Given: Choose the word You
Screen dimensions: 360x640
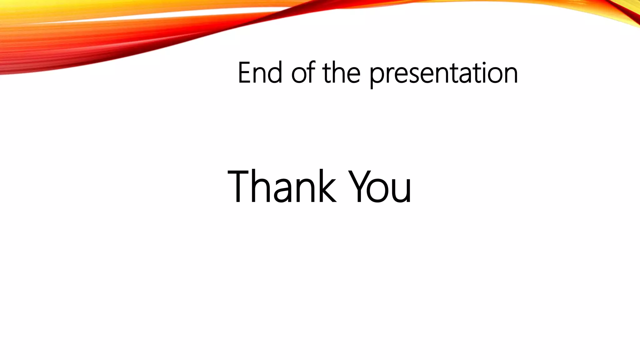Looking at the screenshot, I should coord(380,187).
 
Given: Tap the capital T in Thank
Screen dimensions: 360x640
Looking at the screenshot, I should coord(240,187).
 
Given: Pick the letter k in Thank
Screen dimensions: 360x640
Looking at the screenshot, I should coord(325,187).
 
